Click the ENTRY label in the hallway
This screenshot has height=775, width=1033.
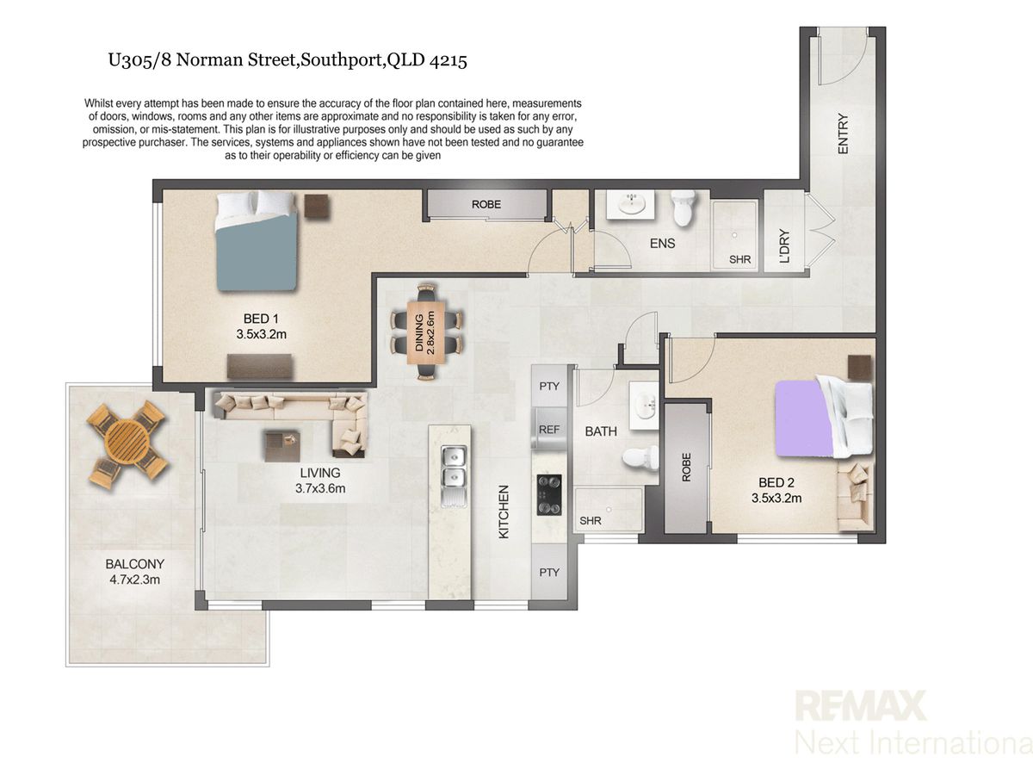(843, 133)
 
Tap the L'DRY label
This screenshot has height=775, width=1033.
(784, 246)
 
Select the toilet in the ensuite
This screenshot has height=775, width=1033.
(684, 208)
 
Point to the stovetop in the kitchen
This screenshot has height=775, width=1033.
(548, 494)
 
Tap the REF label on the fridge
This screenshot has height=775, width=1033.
(548, 430)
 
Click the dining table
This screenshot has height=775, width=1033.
(426, 332)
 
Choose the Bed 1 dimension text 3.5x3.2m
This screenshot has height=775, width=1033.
(261, 335)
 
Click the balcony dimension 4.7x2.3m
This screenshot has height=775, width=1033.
(134, 580)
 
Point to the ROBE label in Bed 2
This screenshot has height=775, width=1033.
(686, 468)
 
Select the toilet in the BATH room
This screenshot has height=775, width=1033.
(640, 458)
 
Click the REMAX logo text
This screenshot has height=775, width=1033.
(861, 705)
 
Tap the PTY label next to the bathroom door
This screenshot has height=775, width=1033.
(548, 387)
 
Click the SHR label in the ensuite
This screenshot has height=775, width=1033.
(739, 259)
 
